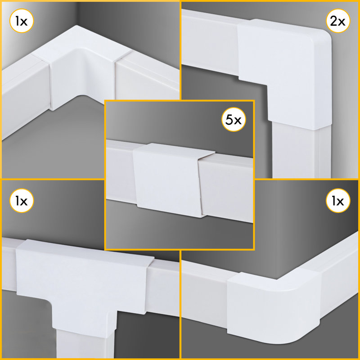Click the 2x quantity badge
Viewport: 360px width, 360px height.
click(x=338, y=21)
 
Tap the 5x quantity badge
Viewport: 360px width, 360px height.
click(x=234, y=119)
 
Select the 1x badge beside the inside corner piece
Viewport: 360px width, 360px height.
click(x=22, y=21)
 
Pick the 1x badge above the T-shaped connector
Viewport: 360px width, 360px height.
click(x=22, y=201)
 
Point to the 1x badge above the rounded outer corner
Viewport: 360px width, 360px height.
click(x=338, y=201)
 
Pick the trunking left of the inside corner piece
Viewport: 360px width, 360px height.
click(x=25, y=96)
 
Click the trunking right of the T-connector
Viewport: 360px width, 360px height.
click(x=162, y=287)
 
